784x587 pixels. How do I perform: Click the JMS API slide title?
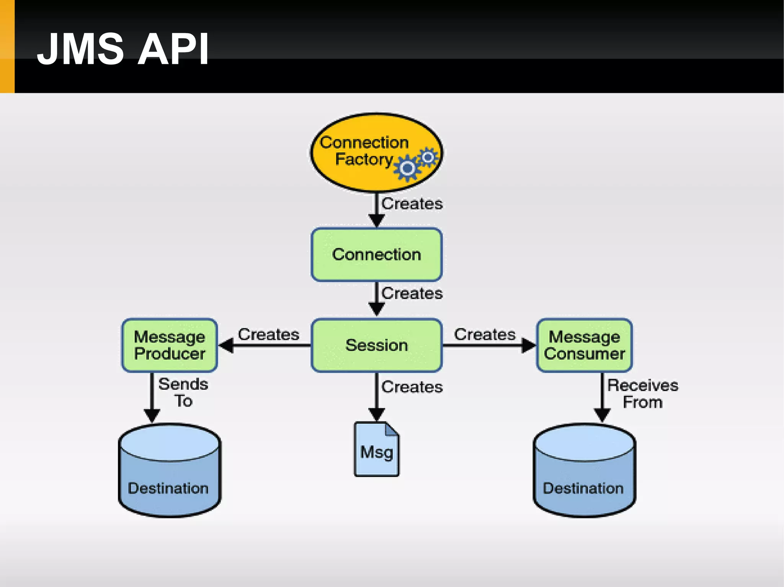click(x=122, y=49)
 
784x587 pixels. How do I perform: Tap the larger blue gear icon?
click(x=407, y=168)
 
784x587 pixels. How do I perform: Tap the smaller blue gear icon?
click(x=428, y=157)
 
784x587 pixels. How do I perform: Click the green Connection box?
click(x=377, y=255)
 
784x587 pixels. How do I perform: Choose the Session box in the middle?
click(x=377, y=345)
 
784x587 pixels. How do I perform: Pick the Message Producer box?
click(x=170, y=345)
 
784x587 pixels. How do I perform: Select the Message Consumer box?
click(x=585, y=345)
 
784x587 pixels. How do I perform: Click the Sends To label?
click(x=183, y=392)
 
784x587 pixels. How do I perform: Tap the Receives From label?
click(x=643, y=394)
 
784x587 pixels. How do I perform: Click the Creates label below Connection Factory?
click(x=412, y=203)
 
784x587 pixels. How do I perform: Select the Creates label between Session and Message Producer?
click(x=268, y=334)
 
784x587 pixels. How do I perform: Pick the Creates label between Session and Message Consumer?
click(x=485, y=334)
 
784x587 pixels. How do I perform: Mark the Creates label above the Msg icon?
click(x=412, y=387)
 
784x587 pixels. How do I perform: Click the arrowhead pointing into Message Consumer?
click(x=529, y=345)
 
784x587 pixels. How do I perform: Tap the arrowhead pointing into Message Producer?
click(x=226, y=345)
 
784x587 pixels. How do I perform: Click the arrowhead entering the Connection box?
click(x=377, y=221)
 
